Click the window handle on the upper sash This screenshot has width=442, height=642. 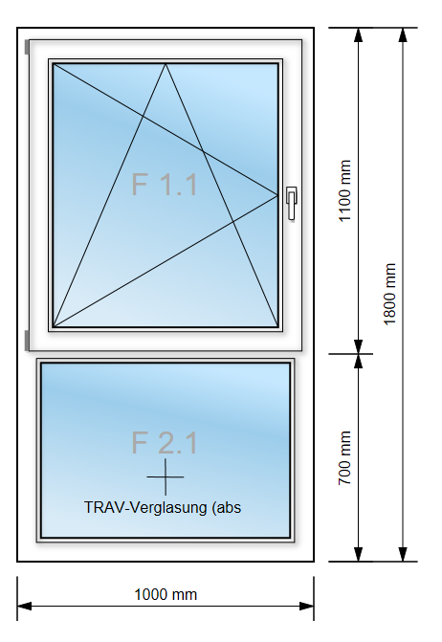(x=292, y=203)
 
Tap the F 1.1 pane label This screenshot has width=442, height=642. (x=165, y=185)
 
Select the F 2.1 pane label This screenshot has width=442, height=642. (x=165, y=442)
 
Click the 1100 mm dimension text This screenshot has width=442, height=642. (x=344, y=190)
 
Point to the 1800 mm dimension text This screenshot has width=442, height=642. (x=389, y=294)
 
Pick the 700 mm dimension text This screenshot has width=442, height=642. (x=344, y=457)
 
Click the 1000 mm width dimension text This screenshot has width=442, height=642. (x=166, y=594)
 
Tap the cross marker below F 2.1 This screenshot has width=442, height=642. (x=166, y=476)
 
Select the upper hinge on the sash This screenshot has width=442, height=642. (x=27, y=47)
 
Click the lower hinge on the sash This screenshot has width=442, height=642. (x=27, y=341)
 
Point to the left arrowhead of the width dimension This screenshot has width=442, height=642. (x=24, y=606)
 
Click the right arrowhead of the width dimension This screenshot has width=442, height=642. (x=307, y=606)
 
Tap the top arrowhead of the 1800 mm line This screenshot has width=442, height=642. (x=403, y=35)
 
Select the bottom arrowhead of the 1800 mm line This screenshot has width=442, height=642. (x=403, y=554)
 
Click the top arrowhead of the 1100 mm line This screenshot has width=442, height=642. (x=359, y=35)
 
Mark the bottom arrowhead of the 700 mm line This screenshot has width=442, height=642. (x=359, y=554)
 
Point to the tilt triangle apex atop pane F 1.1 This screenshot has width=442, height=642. (x=166, y=64)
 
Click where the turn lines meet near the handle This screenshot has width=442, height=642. (x=277, y=195)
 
